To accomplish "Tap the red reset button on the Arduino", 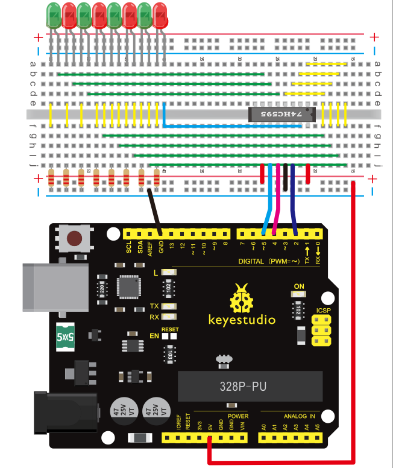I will [75, 238].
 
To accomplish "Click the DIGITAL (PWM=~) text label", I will [268, 261].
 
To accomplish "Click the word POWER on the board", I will [239, 417].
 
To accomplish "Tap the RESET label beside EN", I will [171, 330].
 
